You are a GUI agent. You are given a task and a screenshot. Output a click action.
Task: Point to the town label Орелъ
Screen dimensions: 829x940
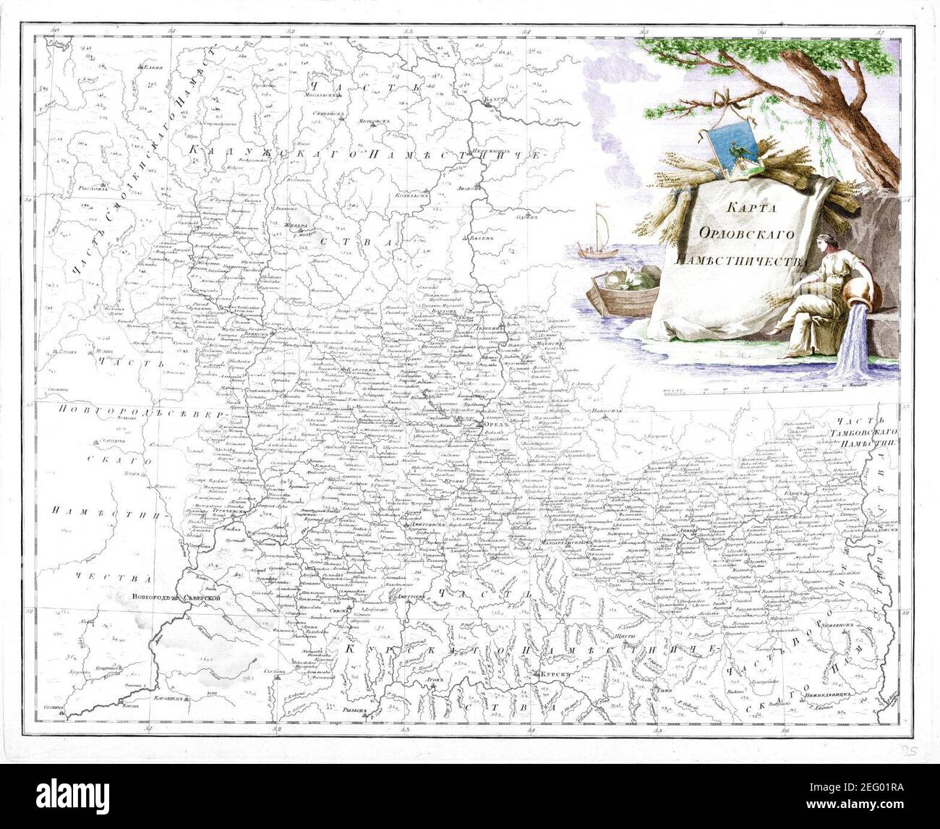pyautogui.click(x=492, y=423)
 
